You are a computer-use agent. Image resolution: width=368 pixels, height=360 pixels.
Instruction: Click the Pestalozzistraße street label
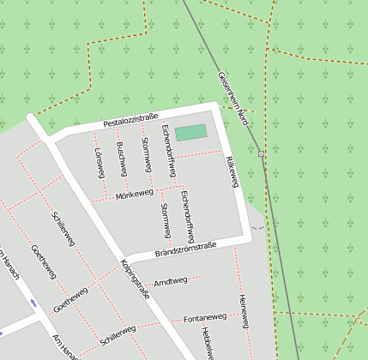(x=130, y=120)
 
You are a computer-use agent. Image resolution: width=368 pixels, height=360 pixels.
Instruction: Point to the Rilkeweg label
(x=231, y=171)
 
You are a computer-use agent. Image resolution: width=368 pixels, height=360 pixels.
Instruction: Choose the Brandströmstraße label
(x=185, y=250)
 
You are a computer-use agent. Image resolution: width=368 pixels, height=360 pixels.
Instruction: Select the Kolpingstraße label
(x=135, y=278)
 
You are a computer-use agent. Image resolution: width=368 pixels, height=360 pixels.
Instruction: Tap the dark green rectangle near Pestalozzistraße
(x=190, y=133)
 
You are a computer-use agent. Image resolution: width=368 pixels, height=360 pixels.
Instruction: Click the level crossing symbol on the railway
(x=261, y=153)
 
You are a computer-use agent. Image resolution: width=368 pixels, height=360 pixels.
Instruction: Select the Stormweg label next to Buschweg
(x=146, y=152)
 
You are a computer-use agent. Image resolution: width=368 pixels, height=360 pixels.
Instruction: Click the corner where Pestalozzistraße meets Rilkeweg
(x=217, y=107)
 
